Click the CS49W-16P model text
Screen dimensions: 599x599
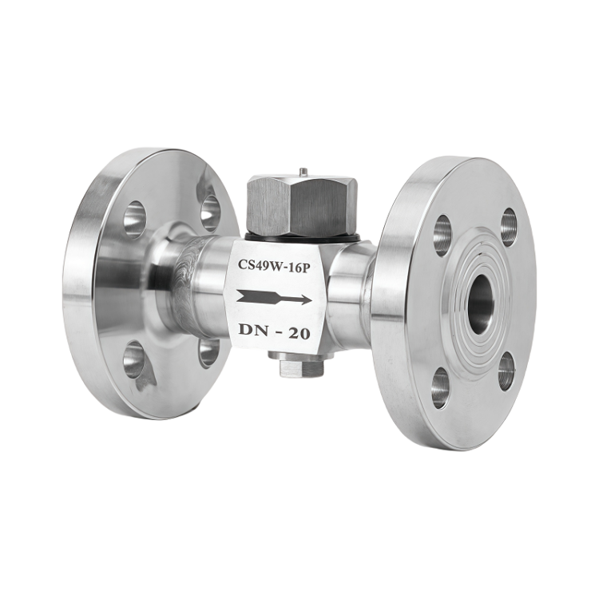click(x=273, y=264)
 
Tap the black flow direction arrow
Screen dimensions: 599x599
click(x=274, y=297)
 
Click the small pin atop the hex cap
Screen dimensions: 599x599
click(x=302, y=172)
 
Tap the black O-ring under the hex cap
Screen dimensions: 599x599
click(x=302, y=238)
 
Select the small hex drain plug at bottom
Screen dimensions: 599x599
click(x=302, y=367)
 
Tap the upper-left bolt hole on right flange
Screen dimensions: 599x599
click(x=442, y=235)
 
